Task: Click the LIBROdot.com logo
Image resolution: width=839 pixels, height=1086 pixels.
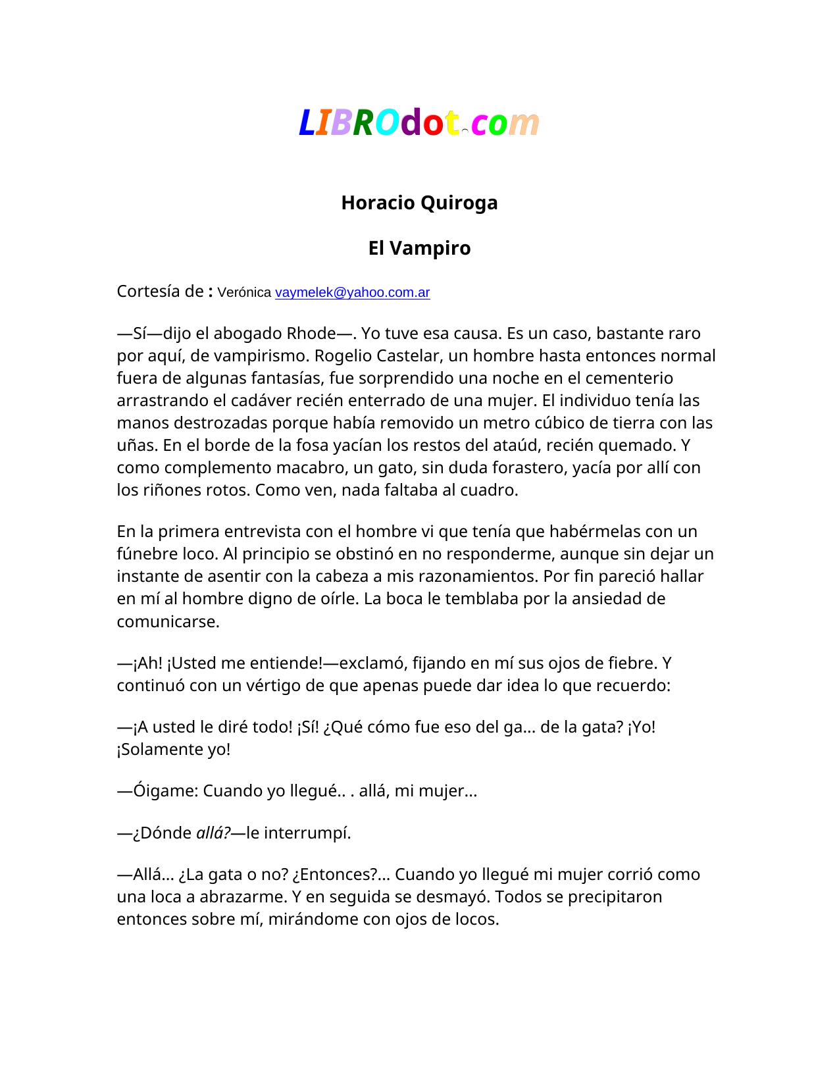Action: point(419,123)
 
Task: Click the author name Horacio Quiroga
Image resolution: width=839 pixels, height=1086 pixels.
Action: point(419,203)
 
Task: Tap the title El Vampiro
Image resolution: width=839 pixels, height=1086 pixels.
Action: point(419,248)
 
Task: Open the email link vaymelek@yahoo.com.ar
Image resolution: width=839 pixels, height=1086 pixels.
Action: point(352,292)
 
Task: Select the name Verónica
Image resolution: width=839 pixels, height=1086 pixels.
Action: point(244,292)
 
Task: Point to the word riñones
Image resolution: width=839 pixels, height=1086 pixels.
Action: point(167,490)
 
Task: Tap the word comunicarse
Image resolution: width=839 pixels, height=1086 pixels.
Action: point(168,621)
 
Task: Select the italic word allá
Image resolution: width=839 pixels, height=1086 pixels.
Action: point(212,833)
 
